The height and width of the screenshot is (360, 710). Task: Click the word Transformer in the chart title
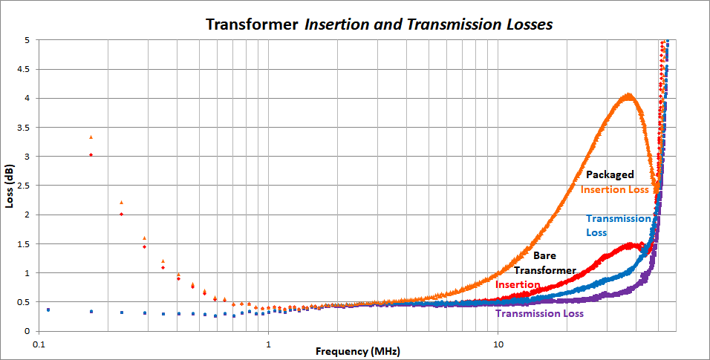(252, 24)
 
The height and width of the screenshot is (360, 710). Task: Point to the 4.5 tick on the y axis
(23, 69)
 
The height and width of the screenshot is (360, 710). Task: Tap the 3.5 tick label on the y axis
(23, 128)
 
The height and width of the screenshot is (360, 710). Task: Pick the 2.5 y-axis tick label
(23, 186)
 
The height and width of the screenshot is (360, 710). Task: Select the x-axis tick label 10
(498, 344)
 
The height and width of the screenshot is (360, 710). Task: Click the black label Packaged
(610, 175)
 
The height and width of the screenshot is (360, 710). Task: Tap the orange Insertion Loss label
(615, 189)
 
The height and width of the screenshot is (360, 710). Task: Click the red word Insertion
(518, 284)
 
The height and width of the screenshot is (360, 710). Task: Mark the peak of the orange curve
(628, 95)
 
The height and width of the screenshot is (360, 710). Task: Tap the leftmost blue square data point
(48, 310)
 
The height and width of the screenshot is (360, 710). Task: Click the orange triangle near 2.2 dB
(121, 202)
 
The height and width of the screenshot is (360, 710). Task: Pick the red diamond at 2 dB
(121, 214)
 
